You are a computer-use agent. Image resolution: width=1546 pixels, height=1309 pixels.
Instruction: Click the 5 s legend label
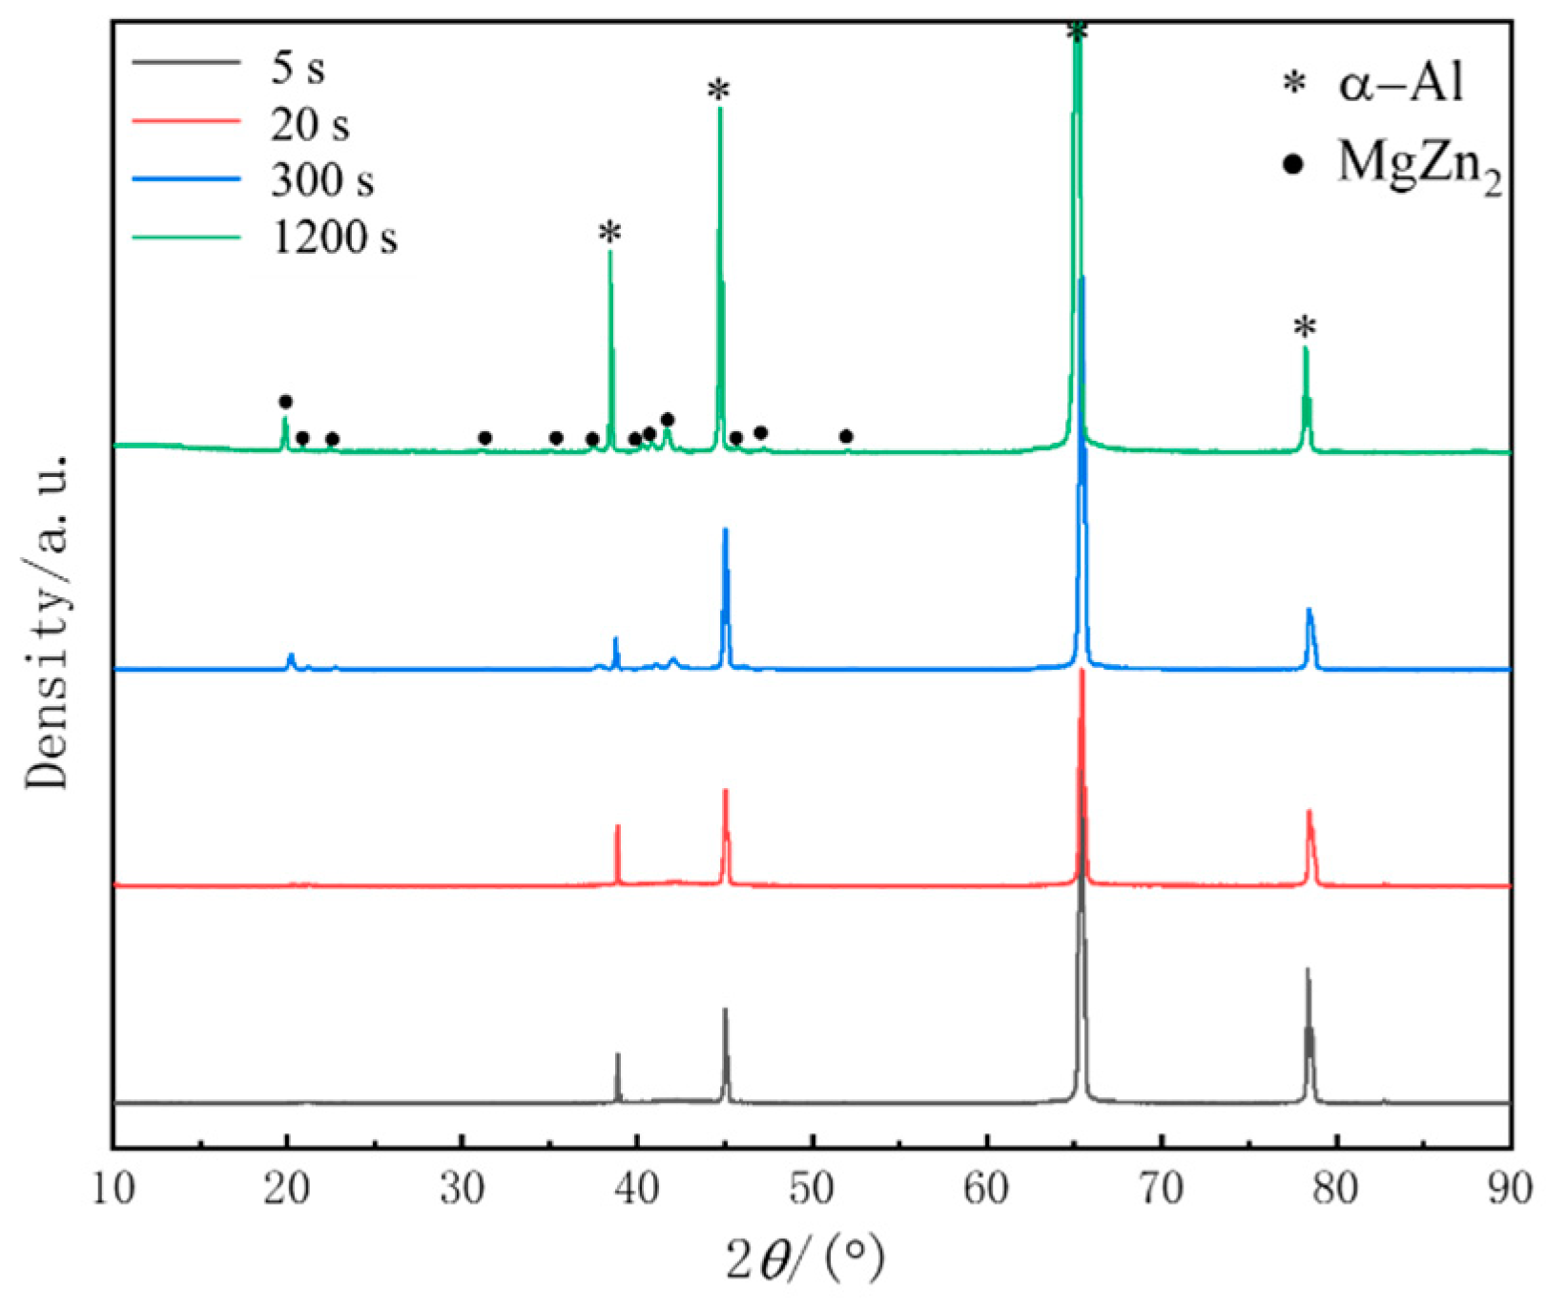[298, 68]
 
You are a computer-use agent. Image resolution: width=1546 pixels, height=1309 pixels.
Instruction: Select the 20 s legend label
[310, 124]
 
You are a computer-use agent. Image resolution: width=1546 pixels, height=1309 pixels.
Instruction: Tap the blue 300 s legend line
[186, 178]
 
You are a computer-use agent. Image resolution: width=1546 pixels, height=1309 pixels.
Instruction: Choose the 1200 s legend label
[334, 237]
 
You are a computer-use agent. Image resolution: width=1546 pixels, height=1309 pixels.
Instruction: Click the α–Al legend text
[1400, 83]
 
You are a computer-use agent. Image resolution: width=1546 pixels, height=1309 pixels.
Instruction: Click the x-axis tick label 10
[113, 1190]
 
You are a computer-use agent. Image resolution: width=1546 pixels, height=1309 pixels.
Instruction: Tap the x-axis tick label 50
[812, 1190]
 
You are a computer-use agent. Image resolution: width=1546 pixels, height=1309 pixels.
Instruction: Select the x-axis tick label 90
[1510, 1190]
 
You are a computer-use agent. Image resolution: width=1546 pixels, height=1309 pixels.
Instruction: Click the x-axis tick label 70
[1161, 1190]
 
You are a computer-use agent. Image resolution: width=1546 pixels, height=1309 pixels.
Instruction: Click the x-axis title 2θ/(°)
[804, 1259]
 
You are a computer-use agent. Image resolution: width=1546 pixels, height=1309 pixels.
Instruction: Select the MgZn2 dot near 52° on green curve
[846, 437]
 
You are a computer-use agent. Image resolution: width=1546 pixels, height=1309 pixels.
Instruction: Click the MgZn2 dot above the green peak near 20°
[285, 402]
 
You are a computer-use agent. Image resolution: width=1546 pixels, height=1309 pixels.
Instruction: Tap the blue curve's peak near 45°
[726, 531]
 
